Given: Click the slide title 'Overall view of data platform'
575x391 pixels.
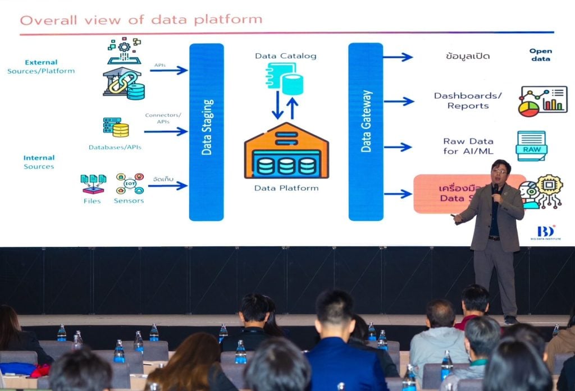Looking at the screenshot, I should [x=141, y=20].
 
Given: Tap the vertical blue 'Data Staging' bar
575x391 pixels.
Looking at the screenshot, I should [x=206, y=132].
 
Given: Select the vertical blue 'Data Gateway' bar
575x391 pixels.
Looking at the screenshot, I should [x=366, y=132].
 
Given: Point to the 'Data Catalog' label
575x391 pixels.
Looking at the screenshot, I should [x=285, y=56].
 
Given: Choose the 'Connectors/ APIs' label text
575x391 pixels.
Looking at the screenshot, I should [x=163, y=118].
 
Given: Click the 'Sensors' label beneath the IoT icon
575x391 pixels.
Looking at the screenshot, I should [x=129, y=200].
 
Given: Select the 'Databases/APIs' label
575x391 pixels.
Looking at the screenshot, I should [x=115, y=148].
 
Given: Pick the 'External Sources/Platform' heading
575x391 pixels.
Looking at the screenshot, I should [x=41, y=67].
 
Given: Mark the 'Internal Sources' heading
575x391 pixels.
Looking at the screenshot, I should [x=39, y=162].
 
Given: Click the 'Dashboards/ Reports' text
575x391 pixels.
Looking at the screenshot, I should [x=468, y=100].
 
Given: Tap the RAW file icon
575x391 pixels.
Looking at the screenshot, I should [x=531, y=145].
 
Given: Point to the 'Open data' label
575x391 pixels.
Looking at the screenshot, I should [x=540, y=54].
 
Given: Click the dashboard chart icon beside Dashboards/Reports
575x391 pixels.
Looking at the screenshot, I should [x=542, y=101].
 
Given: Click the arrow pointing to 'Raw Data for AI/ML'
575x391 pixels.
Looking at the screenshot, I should [x=398, y=147].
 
